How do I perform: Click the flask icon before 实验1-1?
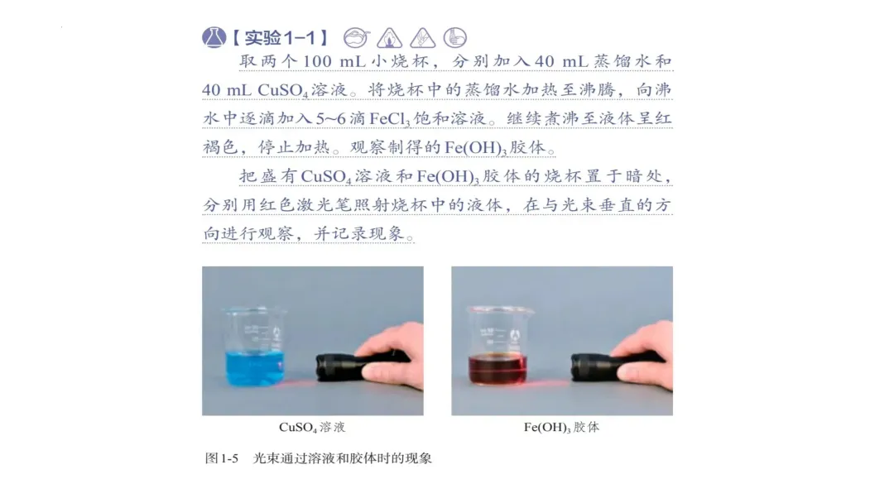(x=214, y=37)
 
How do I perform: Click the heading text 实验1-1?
(x=280, y=38)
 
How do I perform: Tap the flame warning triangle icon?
(x=389, y=38)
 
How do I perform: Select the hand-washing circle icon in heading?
(x=455, y=37)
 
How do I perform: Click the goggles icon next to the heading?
(x=357, y=37)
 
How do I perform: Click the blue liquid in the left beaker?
(x=255, y=368)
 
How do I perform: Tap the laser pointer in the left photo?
(x=359, y=366)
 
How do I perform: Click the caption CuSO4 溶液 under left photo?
(x=312, y=427)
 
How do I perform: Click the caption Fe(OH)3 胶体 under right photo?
(x=561, y=427)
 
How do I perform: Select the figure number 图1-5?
(x=221, y=458)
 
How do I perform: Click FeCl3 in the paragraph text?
(x=389, y=119)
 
